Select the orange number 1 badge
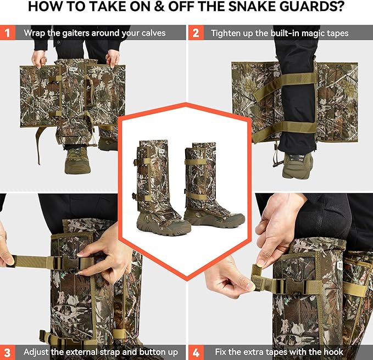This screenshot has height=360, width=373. point(8,32)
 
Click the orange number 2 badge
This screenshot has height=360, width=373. point(196,32)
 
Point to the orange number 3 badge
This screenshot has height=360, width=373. point(8,352)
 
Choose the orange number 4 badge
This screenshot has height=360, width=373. point(196,352)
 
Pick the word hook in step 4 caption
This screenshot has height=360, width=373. point(333,352)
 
